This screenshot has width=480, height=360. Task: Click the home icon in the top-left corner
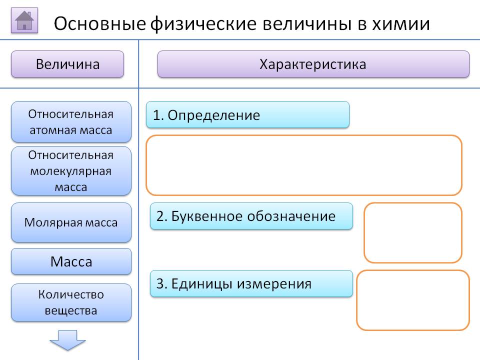point(24,21)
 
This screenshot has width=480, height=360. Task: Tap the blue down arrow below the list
point(67,340)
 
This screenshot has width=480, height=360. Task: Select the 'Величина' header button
point(67,64)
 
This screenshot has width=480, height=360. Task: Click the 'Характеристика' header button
point(313,64)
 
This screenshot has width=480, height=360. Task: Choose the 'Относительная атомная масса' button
point(71,122)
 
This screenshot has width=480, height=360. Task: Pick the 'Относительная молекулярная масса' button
point(71,170)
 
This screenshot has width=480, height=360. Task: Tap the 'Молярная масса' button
point(71,222)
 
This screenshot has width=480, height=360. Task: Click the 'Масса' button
point(71,261)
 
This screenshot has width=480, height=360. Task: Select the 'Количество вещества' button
point(71,302)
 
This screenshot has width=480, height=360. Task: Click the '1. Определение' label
point(247,115)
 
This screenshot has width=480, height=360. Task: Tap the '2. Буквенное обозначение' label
point(251,216)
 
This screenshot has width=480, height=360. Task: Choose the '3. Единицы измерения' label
point(251,284)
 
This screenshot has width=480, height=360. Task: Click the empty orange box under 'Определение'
point(303,165)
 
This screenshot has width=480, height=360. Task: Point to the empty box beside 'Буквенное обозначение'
point(412,232)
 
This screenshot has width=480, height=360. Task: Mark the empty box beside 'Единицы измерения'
point(412,300)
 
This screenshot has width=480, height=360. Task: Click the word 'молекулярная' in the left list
point(71,171)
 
